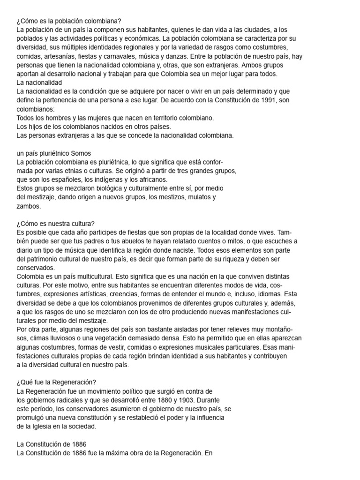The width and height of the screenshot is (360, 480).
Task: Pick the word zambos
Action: tap(28, 206)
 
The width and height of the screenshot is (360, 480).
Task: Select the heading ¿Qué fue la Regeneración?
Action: tap(56, 382)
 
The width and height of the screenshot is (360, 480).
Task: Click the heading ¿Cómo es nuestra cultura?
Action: tap(55, 223)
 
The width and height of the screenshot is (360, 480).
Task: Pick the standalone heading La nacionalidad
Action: tap(39, 82)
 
